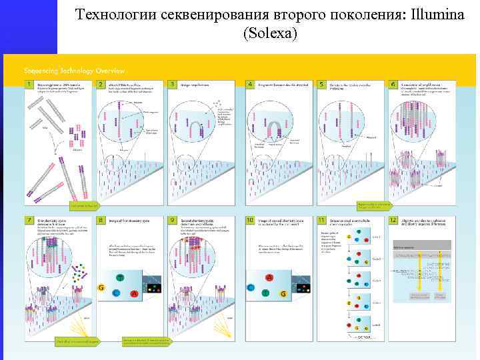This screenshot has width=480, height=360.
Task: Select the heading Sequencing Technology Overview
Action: coord(74,71)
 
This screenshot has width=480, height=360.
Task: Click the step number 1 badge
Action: coord(30,85)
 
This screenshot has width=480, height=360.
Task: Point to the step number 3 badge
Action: coord(173,85)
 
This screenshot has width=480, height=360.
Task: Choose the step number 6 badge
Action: coord(393,85)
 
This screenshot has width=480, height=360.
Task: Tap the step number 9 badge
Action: coord(173,219)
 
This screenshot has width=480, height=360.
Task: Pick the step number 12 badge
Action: coord(393,219)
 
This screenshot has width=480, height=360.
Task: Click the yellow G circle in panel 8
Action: coord(101,287)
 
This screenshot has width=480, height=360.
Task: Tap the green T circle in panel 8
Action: coord(119,277)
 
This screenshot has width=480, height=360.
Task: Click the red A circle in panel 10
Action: coord(269,277)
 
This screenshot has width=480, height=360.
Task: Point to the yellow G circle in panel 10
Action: coord(284,293)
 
